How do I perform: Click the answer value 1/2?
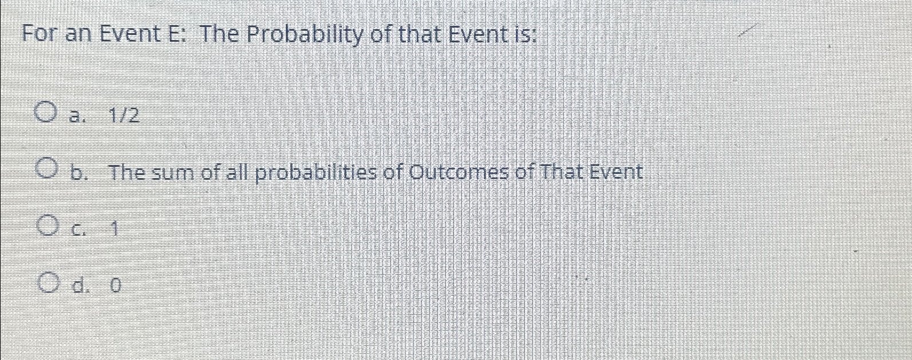click(124, 117)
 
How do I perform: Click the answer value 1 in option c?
click(115, 230)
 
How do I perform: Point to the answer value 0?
click(115, 285)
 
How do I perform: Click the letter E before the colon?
click(174, 35)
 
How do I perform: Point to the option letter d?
click(78, 284)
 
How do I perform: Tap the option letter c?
click(78, 230)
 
